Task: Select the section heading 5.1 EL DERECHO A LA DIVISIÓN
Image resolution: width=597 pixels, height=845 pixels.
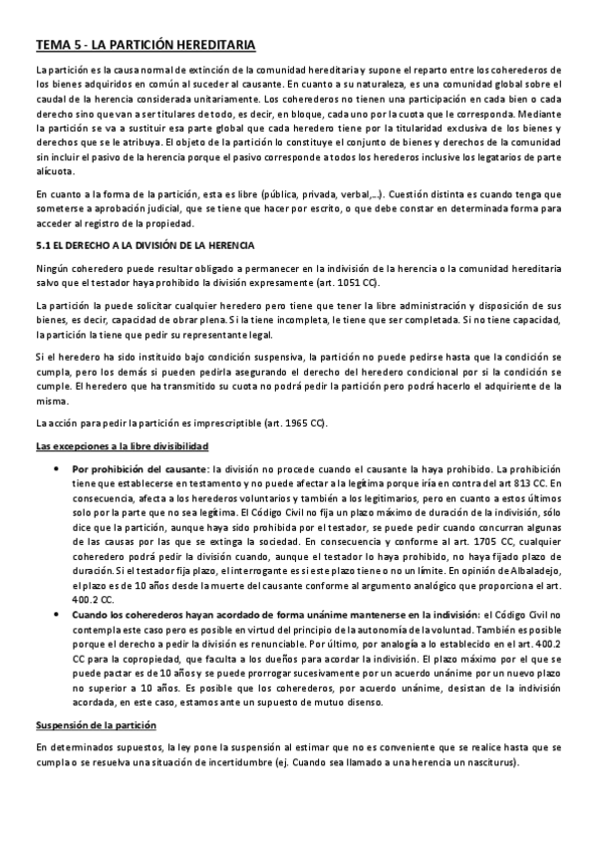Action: (145, 245)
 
